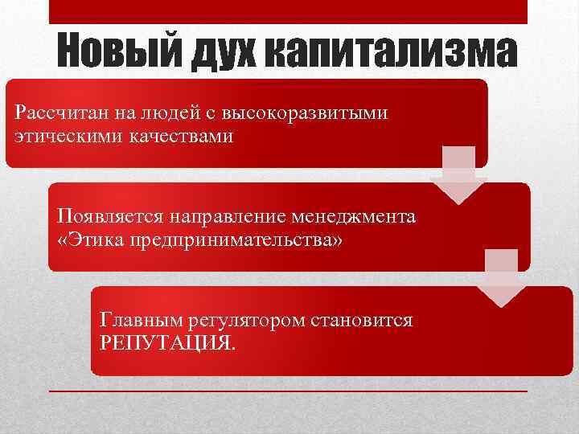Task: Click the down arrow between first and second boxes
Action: [458, 175]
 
